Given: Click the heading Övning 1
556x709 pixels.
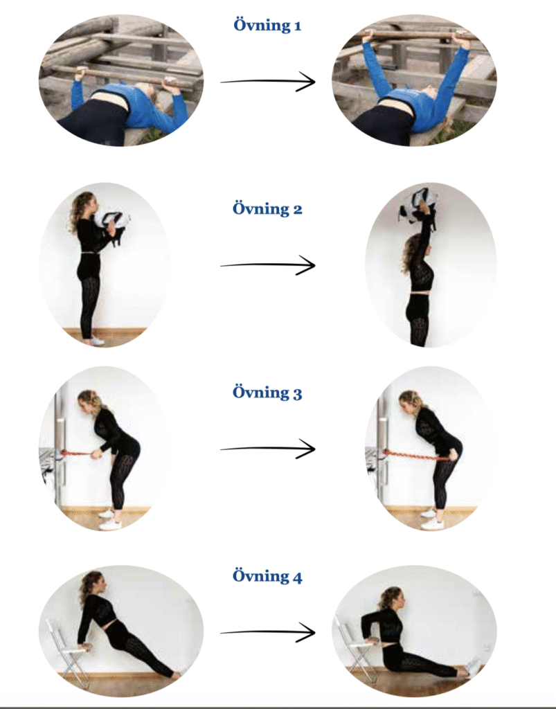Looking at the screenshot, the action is point(267,25).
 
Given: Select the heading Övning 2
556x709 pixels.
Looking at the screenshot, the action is point(267,208).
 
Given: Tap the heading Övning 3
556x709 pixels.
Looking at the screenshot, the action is point(267,392).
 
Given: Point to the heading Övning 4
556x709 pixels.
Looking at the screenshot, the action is point(267,575).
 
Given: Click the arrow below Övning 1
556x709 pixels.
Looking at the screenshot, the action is point(267,82).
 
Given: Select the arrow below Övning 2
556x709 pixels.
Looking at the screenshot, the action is point(267,265).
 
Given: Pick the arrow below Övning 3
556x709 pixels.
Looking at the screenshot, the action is point(267,449).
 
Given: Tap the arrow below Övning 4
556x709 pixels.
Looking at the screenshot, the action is point(267,633).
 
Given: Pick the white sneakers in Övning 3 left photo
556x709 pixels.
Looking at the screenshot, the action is point(110,519).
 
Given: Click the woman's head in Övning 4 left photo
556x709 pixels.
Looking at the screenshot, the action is point(93,583).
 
